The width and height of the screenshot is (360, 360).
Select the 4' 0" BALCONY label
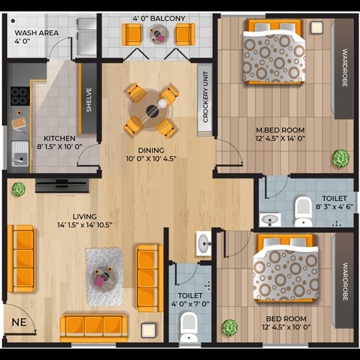(159, 18)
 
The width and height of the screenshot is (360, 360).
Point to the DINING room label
(152, 150)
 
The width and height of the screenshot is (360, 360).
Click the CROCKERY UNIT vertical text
(206, 98)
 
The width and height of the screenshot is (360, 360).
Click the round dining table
(151, 111)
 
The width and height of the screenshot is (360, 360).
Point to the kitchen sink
(19, 153)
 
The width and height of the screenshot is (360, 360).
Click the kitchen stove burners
(19, 97)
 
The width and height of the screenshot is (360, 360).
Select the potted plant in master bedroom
(339, 158)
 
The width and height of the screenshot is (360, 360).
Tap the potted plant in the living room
(19, 189)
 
